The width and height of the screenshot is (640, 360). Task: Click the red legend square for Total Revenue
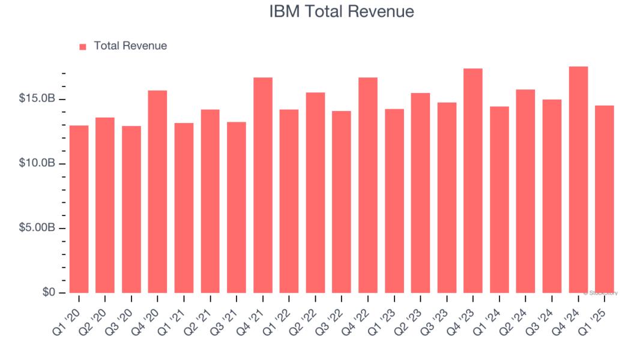coord(83,46)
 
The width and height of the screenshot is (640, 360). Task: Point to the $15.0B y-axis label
coord(37,98)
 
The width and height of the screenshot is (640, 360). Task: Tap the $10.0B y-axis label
coord(37,163)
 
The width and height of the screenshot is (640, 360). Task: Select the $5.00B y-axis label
coord(37,228)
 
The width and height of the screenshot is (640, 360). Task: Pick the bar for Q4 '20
coord(158,191)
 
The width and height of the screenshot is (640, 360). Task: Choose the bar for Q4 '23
coord(473,181)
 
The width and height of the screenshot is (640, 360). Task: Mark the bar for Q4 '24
coord(578,179)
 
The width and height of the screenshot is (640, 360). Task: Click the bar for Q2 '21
coord(210,201)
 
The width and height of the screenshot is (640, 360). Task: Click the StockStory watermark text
coord(601,293)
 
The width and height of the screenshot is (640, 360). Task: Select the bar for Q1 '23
coord(394,201)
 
